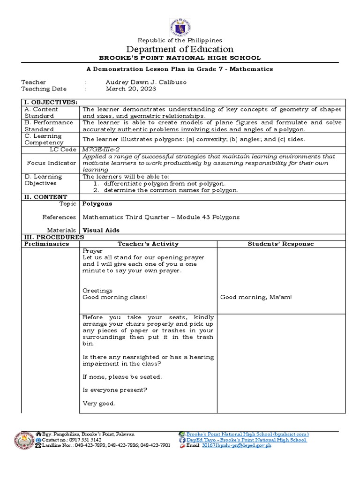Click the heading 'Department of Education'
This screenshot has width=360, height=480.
180,49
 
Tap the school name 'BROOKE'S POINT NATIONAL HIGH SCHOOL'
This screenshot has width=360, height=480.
180,58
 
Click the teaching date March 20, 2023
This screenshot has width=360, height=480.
131,89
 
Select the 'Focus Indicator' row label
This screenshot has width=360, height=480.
52,163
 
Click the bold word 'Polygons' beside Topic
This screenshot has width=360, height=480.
97,204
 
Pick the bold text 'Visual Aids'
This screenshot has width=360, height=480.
101,230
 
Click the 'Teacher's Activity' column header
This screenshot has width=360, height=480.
148,244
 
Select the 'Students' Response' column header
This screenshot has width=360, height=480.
281,244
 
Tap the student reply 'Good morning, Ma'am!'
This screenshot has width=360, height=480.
256,297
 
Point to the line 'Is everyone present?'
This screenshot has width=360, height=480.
115,390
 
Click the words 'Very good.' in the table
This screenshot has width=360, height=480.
99,403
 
